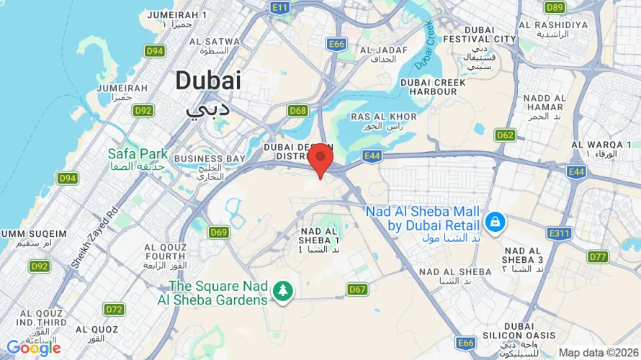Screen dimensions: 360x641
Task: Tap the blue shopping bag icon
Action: point(495,222)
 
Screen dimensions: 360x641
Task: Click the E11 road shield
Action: point(280,7)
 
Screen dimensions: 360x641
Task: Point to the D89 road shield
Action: point(554,7)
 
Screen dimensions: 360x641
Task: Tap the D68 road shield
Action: point(297,110)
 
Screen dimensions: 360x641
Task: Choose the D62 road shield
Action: point(505,135)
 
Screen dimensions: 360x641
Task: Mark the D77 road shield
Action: point(598,256)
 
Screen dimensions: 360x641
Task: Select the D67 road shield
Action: point(358,289)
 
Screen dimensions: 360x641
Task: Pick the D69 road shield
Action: point(219,232)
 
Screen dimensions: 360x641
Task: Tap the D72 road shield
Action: point(114,310)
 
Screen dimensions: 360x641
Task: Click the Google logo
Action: point(33,348)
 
